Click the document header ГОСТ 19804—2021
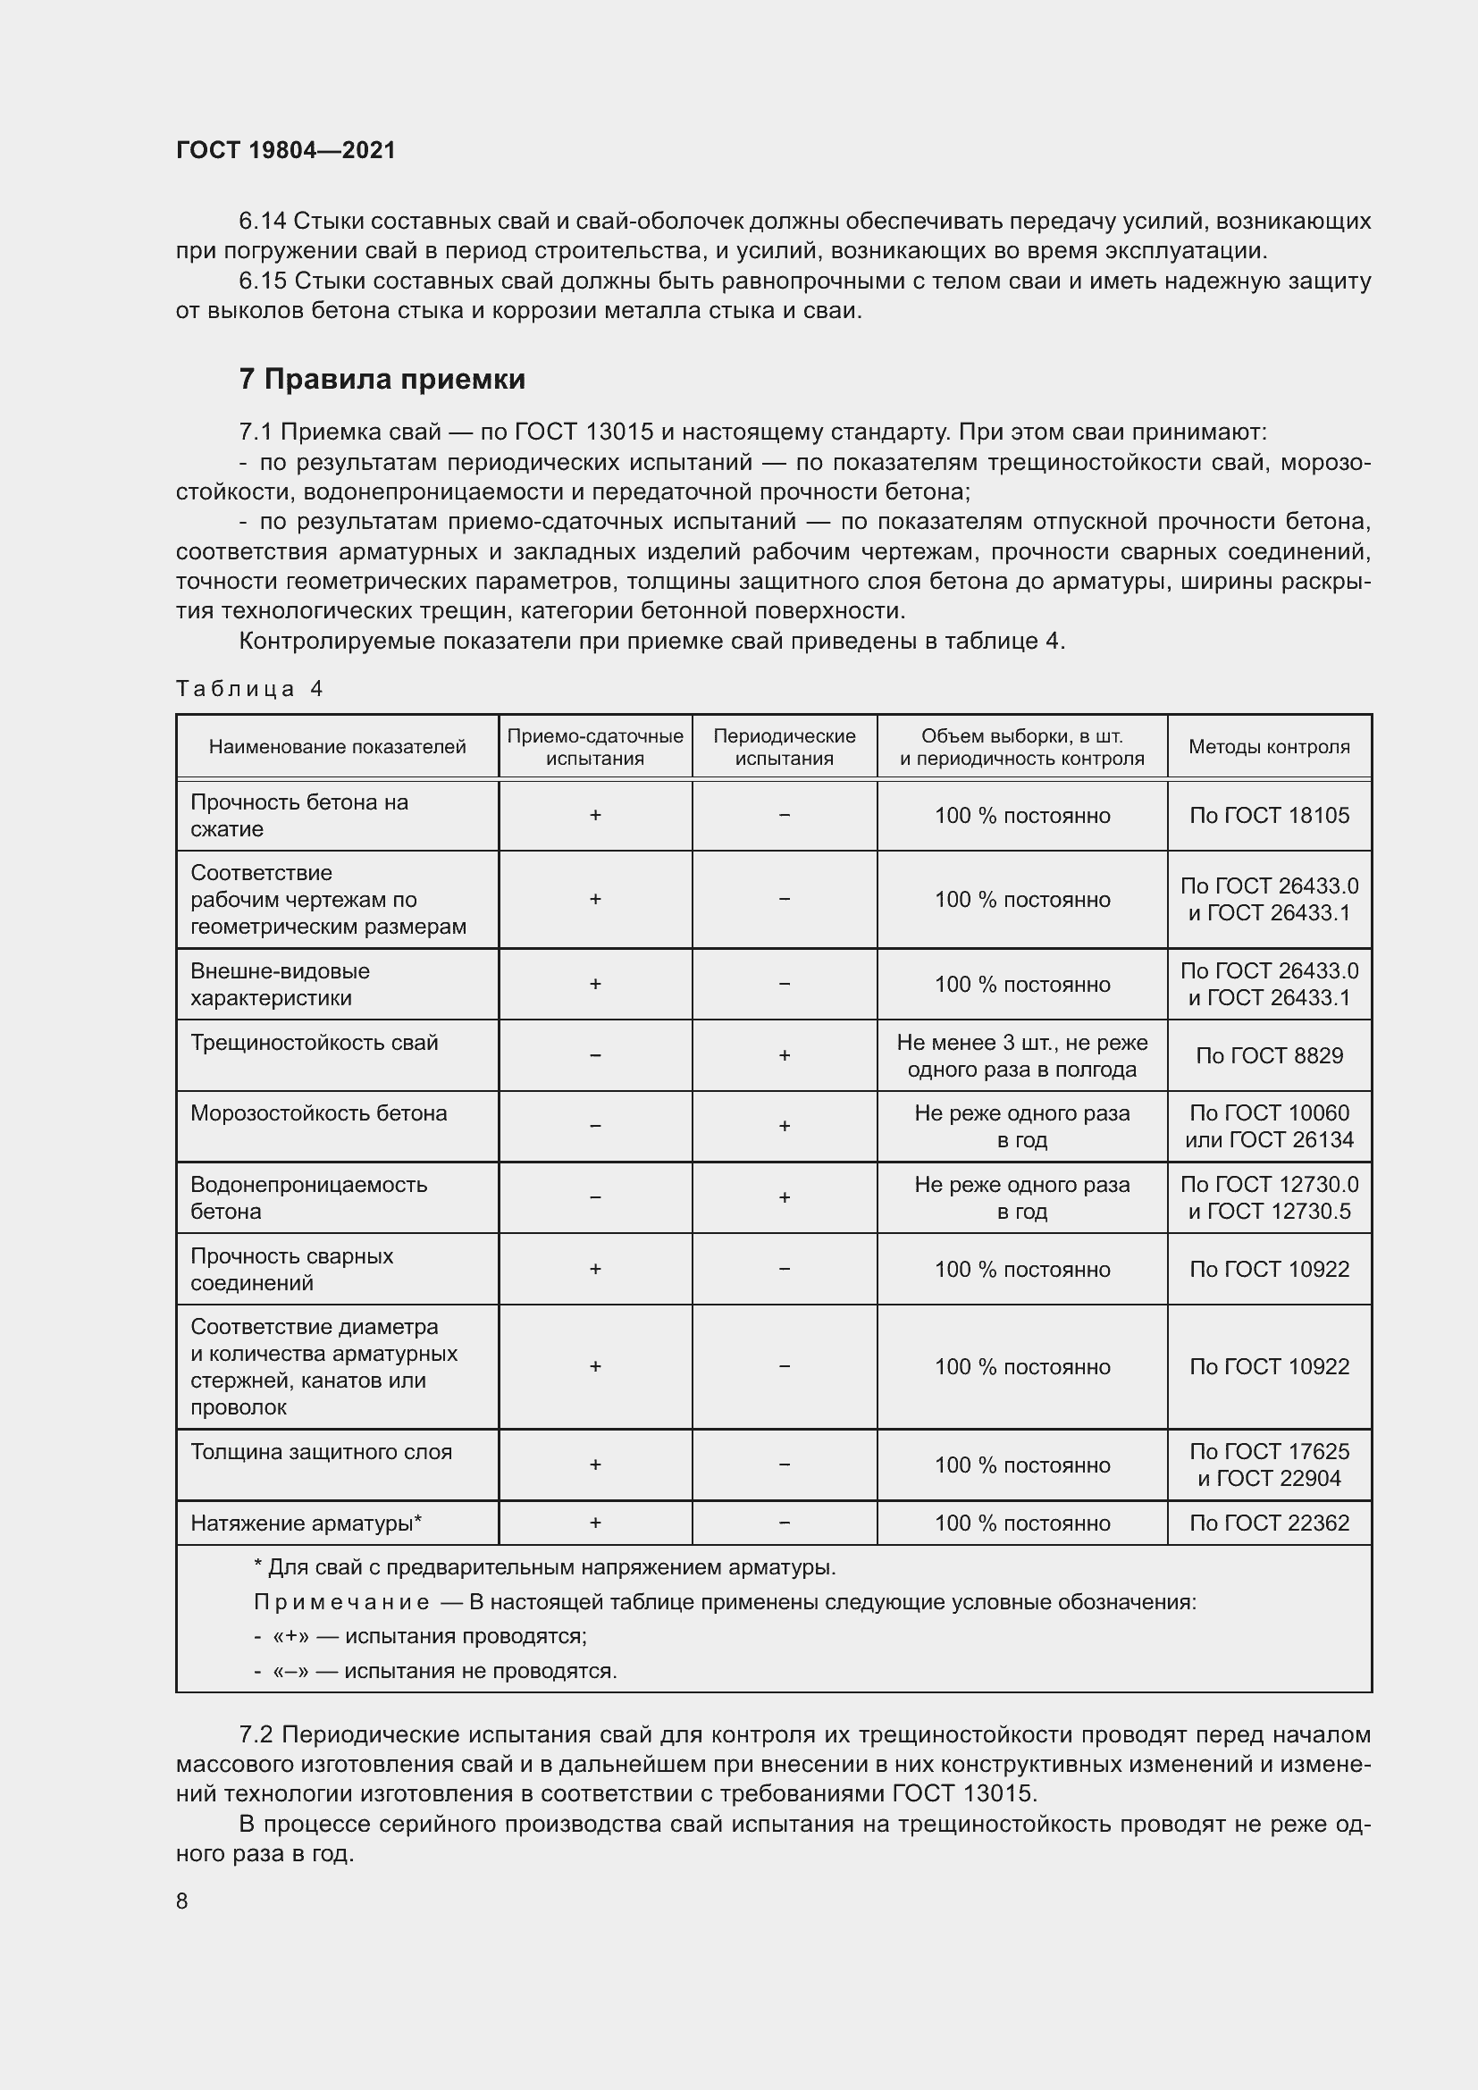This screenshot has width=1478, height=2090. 286,150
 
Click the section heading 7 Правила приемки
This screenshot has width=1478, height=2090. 382,379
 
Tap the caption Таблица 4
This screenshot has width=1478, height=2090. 249,688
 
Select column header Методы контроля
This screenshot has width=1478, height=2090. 1269,746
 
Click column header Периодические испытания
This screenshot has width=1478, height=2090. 784,746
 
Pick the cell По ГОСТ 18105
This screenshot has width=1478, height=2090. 1269,815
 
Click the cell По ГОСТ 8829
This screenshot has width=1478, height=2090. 1269,1055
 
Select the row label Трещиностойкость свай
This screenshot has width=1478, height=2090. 314,1042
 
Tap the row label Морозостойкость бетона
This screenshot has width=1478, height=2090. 318,1113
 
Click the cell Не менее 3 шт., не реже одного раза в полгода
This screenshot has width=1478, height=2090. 1021,1055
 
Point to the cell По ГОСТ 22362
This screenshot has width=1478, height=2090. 1269,1523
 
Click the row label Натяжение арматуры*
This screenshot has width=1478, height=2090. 306,1523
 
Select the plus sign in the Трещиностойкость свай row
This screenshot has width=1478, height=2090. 784,1055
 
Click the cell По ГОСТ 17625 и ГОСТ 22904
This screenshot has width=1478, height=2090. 1269,1465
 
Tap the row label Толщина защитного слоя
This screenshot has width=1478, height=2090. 321,1452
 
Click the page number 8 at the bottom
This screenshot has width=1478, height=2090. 182,1901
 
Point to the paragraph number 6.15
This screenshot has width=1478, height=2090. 261,281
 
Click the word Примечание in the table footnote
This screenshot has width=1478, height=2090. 341,1602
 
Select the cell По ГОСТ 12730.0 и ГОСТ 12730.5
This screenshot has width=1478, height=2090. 1269,1197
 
